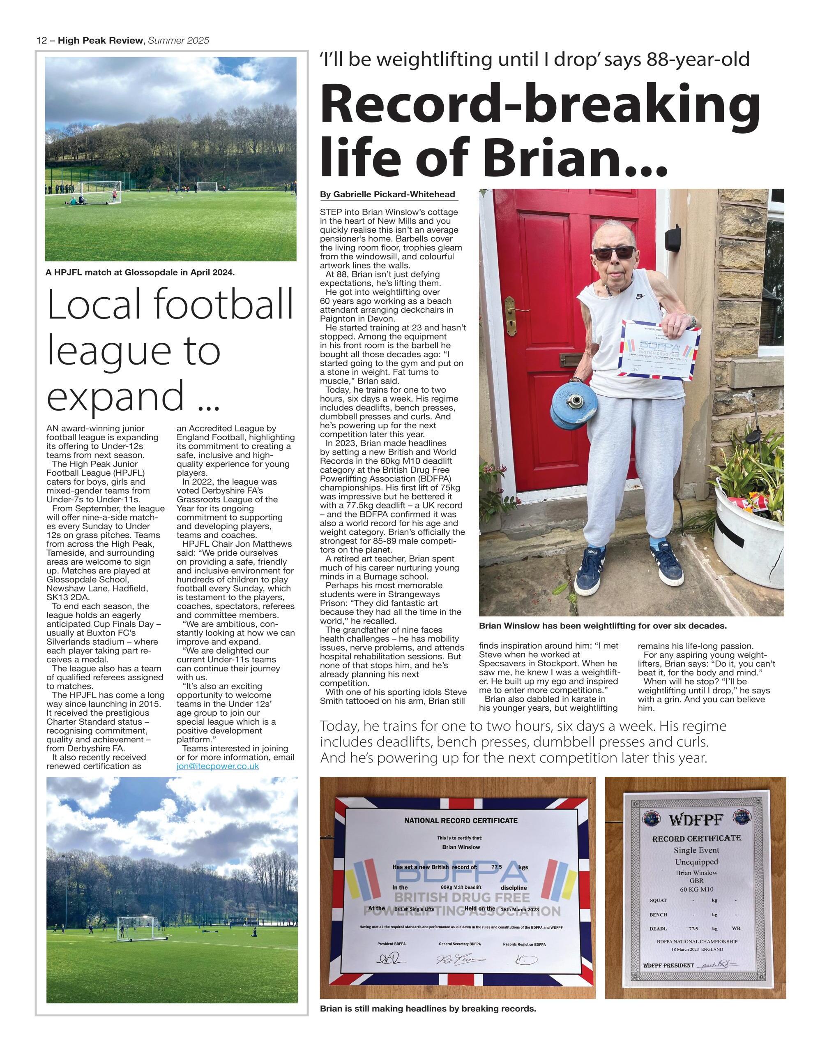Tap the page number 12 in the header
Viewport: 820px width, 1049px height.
pos(42,41)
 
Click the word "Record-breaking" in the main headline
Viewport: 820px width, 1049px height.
pos(540,104)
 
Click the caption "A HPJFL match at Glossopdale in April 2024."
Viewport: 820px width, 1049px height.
pos(140,273)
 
